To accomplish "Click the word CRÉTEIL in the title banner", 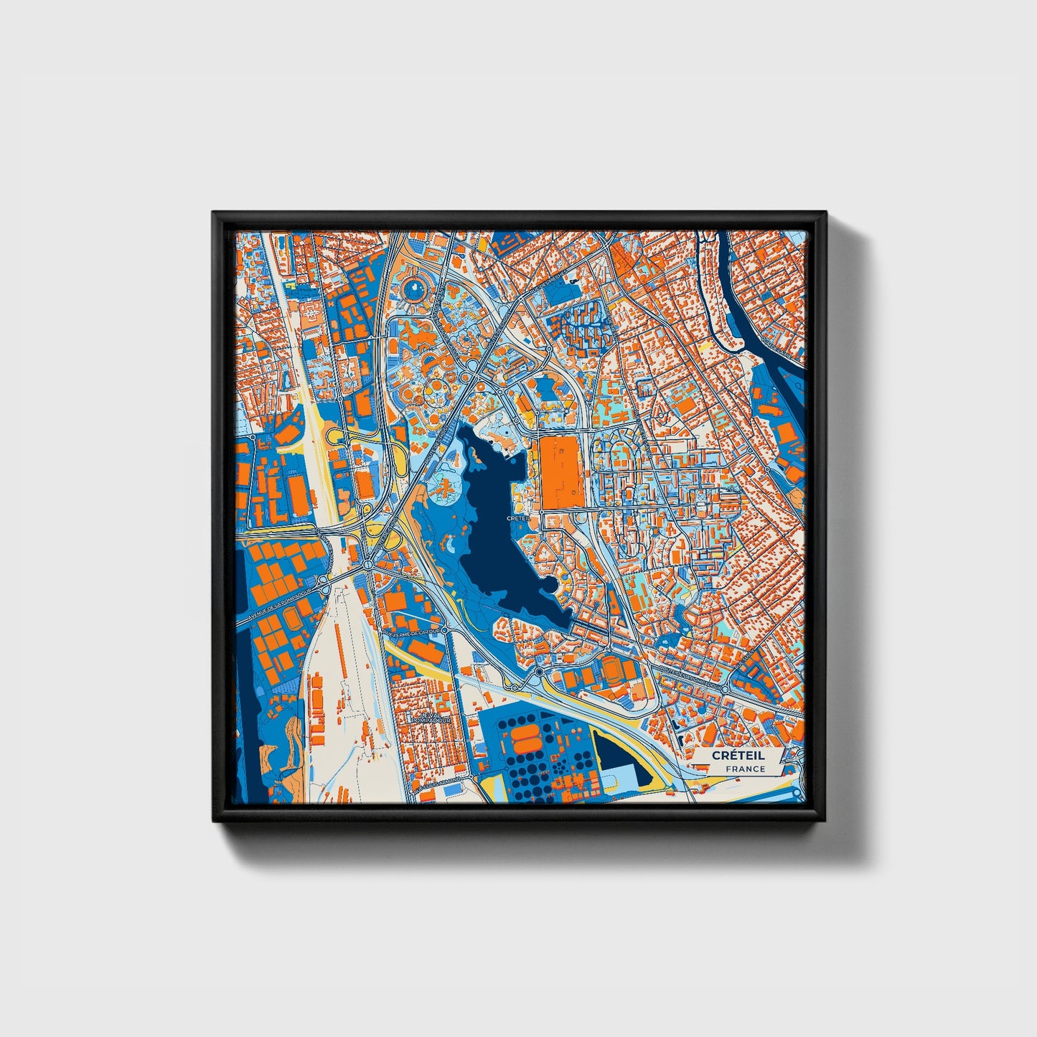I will [x=738, y=756].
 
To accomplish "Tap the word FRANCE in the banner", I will [x=745, y=769].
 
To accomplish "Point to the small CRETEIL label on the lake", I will [x=517, y=517].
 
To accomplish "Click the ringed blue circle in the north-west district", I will [x=414, y=289].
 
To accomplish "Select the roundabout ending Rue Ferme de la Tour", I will [x=445, y=629].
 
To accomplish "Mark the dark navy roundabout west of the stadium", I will [x=538, y=672].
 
